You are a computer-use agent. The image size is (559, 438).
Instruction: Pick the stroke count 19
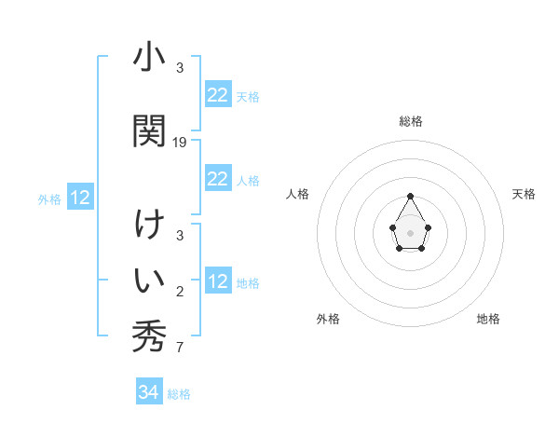point(180,143)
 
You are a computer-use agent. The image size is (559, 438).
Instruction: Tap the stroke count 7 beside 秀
point(180,349)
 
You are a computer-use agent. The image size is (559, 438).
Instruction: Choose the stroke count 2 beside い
point(180,292)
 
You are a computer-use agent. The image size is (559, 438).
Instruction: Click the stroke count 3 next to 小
point(180,68)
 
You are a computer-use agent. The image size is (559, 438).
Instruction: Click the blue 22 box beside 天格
point(218,95)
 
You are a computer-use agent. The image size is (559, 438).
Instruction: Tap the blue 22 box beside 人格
point(218,179)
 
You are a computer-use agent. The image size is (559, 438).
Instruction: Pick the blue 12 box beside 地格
point(218,281)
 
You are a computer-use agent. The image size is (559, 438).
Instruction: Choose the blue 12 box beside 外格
point(80,198)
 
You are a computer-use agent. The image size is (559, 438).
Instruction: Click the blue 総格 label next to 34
point(179,394)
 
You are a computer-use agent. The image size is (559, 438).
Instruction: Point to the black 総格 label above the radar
point(410,121)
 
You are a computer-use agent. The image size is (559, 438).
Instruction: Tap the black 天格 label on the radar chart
point(524,194)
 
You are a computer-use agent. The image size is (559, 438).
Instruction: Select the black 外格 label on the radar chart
point(328,319)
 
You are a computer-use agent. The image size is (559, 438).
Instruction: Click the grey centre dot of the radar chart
point(410,231)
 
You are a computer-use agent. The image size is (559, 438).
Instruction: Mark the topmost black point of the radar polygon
point(410,196)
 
